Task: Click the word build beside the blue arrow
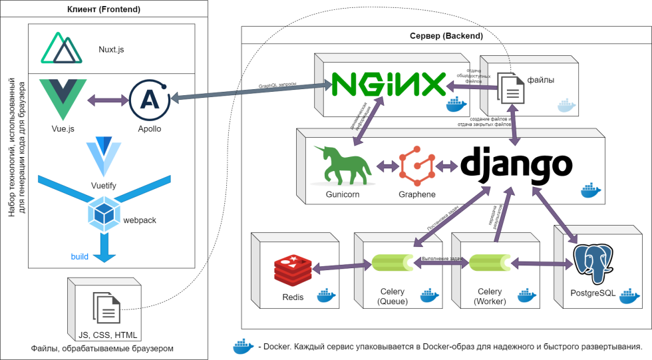tap(80, 257)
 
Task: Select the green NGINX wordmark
tap(389, 85)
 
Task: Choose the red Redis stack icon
tap(293, 270)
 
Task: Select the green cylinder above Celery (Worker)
tap(491, 264)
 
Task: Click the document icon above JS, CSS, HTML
tap(107, 307)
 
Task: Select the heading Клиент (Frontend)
tap(104, 9)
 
